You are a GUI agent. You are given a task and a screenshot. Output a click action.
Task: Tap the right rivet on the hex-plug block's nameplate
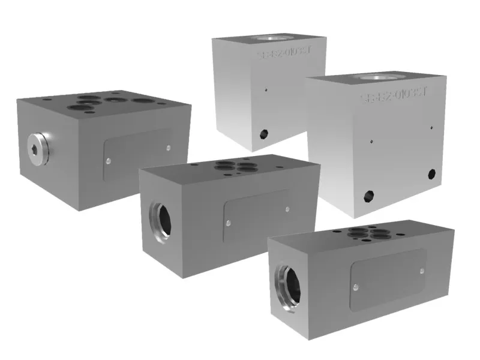click(x=168, y=148)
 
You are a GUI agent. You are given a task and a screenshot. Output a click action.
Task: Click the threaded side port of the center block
click(x=160, y=217)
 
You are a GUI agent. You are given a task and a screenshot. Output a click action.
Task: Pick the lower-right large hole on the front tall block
click(x=431, y=174)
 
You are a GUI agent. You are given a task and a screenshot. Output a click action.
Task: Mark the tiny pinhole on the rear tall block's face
click(x=266, y=92)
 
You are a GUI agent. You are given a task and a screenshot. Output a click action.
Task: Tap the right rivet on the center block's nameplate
click(x=287, y=209)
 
